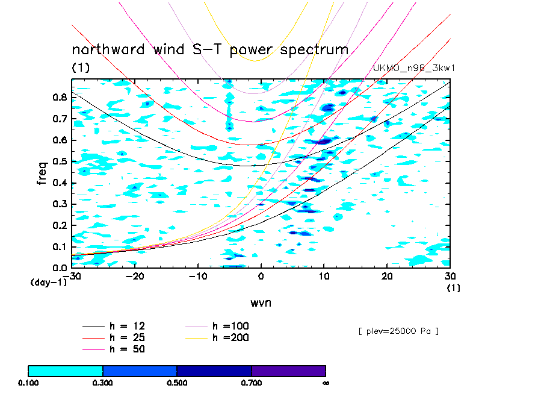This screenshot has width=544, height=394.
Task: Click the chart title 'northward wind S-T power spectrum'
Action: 210,49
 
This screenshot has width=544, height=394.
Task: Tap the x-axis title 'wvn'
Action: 261,302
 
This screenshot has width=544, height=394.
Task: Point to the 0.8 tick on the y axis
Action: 60,97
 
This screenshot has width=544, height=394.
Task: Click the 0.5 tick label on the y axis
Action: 60,161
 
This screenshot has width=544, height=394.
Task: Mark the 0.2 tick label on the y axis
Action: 60,225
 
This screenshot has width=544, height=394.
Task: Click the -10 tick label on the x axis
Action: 197,276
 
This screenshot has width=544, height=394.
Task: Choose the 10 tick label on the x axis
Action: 324,276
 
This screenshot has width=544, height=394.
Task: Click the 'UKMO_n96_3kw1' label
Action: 413,68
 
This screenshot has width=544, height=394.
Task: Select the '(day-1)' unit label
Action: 49,283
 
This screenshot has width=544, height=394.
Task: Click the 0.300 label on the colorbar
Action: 103,383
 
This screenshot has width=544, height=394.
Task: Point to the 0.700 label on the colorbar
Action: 252,383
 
